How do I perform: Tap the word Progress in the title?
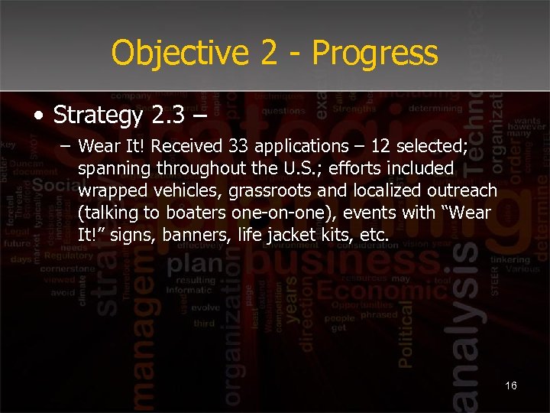[375, 54]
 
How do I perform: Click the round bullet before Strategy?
[38, 116]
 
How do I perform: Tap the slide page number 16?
[511, 385]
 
